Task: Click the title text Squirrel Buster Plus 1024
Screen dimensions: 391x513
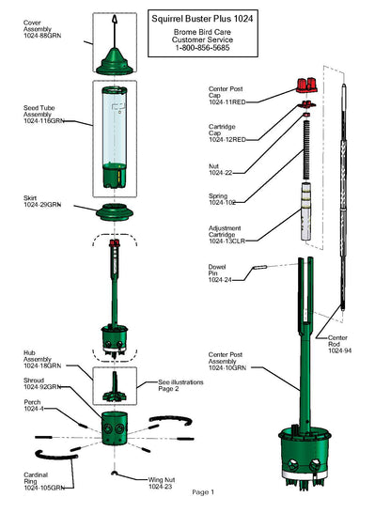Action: click(x=202, y=19)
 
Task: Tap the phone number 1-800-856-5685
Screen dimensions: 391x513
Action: click(x=202, y=48)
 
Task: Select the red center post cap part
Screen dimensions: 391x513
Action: click(x=306, y=85)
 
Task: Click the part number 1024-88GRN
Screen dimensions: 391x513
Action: click(x=42, y=36)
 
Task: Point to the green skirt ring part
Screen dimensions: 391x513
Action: click(x=115, y=211)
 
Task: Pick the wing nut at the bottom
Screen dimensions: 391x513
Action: click(x=114, y=473)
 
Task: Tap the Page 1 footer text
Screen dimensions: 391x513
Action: click(x=203, y=492)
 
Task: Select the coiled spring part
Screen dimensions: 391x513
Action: click(x=306, y=149)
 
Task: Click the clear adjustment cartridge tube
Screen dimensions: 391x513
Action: click(x=305, y=211)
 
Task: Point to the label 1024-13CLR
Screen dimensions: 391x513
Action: click(x=227, y=241)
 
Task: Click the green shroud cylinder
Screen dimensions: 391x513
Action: click(x=114, y=428)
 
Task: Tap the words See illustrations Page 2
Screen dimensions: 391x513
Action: click(x=180, y=385)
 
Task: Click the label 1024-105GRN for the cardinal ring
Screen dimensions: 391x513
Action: click(x=44, y=488)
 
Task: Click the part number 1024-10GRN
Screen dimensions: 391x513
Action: click(x=227, y=367)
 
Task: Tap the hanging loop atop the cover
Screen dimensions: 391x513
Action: click(x=115, y=19)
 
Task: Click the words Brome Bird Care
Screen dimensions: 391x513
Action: click(x=202, y=32)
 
